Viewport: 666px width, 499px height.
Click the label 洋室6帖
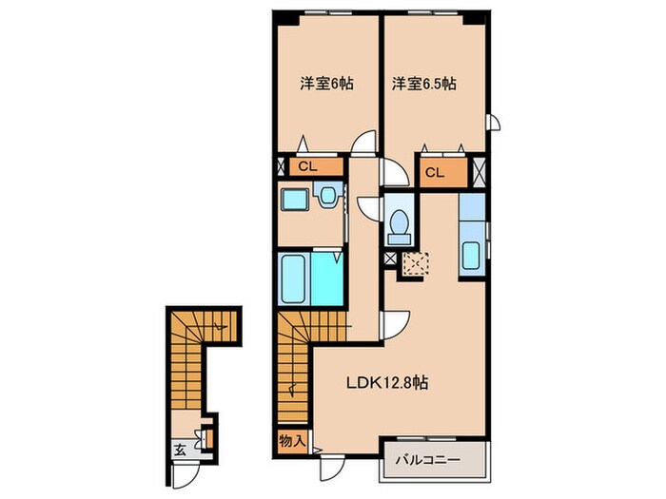pos(327,84)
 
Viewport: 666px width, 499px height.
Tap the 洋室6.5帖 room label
pos(423,84)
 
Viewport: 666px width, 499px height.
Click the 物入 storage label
pos(292,441)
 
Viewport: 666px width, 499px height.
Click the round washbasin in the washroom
pos(327,198)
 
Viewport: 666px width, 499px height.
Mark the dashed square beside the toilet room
pos(415,262)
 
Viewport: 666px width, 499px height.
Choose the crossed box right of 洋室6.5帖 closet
pos(479,173)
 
